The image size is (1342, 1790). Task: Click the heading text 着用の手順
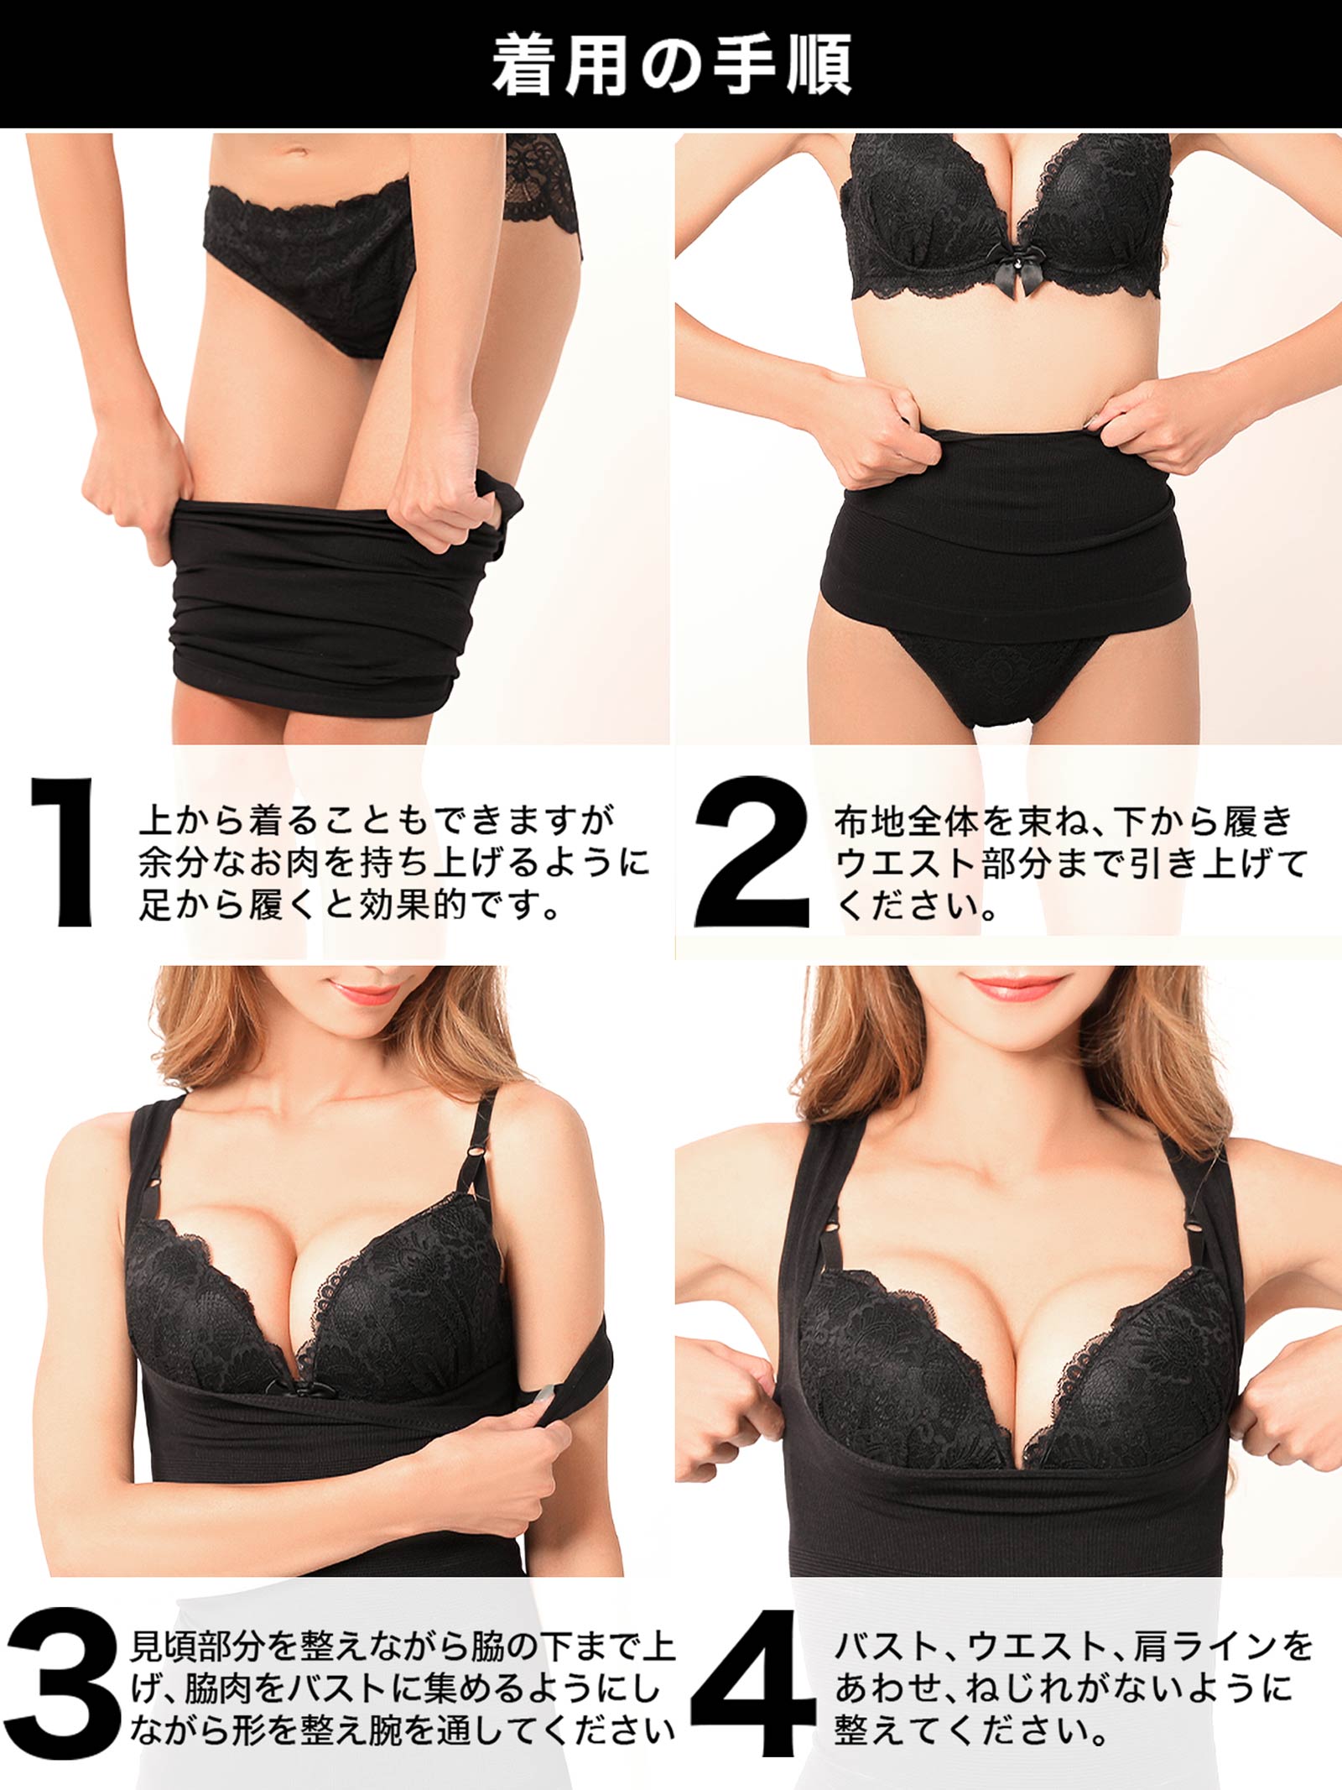671,65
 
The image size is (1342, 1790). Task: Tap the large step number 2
752,851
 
